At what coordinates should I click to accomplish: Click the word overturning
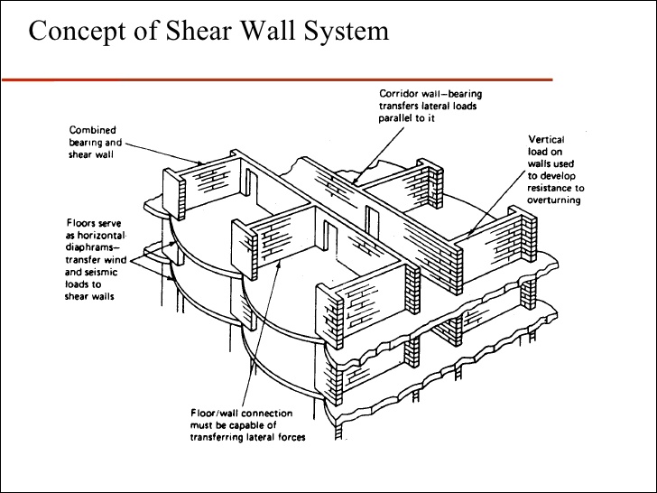553,200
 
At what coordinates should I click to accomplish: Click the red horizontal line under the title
180,79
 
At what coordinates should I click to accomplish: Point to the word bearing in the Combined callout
88,143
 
